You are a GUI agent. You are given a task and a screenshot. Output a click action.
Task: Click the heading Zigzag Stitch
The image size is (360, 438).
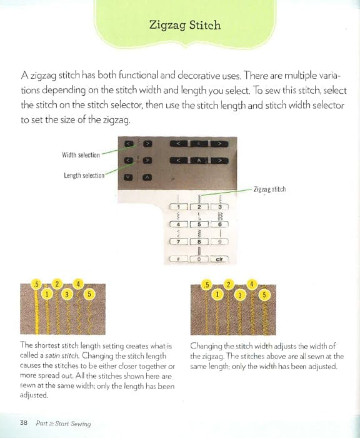pos(184,26)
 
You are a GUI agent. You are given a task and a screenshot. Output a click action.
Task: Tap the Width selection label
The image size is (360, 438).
pos(81,155)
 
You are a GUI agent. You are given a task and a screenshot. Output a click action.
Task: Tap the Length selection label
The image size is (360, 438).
pos(84,175)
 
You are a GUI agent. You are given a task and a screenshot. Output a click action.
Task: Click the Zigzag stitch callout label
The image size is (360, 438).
pos(270,188)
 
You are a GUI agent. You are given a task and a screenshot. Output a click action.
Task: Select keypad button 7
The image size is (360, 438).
pos(178,241)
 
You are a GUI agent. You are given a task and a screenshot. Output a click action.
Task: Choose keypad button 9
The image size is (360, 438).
pos(219,241)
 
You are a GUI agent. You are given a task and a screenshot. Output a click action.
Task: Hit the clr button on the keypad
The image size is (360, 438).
pos(219,258)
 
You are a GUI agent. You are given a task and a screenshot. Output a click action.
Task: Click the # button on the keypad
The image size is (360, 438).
pos(178,258)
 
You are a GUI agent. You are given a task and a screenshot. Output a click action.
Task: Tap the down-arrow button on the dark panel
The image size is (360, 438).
pos(128,176)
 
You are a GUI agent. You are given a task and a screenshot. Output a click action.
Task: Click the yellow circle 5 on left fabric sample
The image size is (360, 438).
pos(89,294)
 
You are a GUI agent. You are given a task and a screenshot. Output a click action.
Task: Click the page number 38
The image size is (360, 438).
pos(24,423)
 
